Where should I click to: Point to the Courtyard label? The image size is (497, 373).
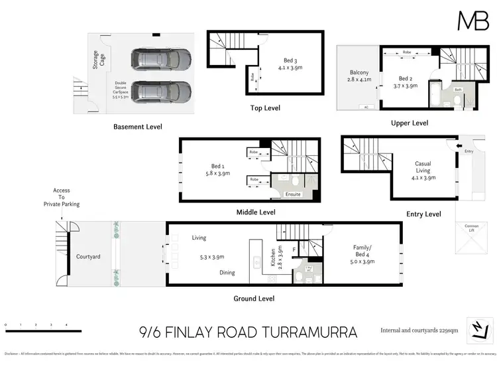[x=88, y=256]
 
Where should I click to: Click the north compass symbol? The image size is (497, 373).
[x=480, y=329]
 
